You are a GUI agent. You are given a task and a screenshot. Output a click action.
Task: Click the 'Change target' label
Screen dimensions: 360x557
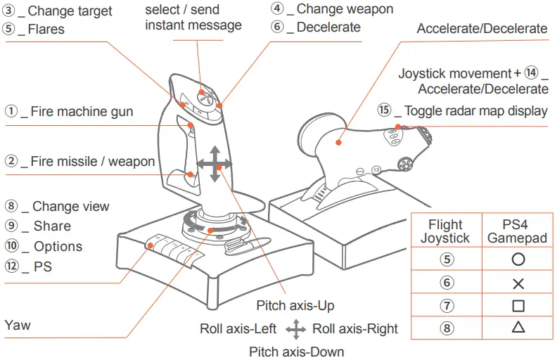coord(69,11)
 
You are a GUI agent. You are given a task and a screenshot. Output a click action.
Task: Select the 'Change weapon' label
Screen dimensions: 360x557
coord(344,9)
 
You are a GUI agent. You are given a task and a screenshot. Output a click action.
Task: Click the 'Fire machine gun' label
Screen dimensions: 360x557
coord(81,111)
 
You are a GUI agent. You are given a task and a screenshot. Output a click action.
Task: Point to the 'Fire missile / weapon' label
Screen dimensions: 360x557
coord(91,161)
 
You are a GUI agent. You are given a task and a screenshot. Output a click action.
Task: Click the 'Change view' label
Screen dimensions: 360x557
coord(70,206)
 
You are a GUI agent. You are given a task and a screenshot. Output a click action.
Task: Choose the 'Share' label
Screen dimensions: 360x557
coord(51,226)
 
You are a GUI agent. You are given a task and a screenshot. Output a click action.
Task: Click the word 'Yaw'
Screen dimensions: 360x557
coord(17,326)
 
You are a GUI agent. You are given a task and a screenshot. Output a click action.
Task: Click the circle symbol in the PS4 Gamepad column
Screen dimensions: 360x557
coord(518,259)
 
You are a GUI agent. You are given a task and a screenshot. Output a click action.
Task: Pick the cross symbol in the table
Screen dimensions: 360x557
coord(518,283)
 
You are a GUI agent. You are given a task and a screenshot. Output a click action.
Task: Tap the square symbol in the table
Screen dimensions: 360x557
coord(518,306)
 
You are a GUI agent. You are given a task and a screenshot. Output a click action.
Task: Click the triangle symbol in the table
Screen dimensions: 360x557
coord(518,327)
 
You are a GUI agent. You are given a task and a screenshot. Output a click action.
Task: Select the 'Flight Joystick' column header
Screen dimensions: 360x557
coord(446,231)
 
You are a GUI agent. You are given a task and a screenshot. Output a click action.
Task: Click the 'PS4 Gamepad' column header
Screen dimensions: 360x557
coord(518,231)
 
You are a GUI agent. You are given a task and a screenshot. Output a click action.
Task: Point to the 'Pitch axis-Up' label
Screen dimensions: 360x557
coord(295,306)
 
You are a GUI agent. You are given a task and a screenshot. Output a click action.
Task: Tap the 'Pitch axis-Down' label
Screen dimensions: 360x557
coord(296,351)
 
